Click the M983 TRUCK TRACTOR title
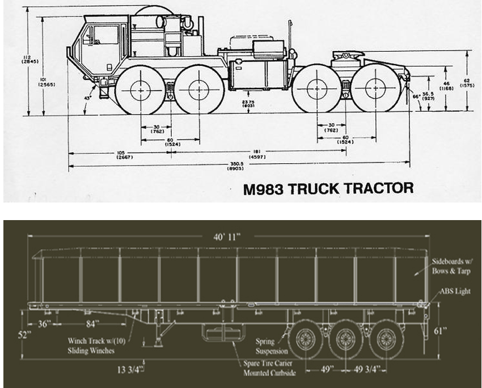328,188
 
